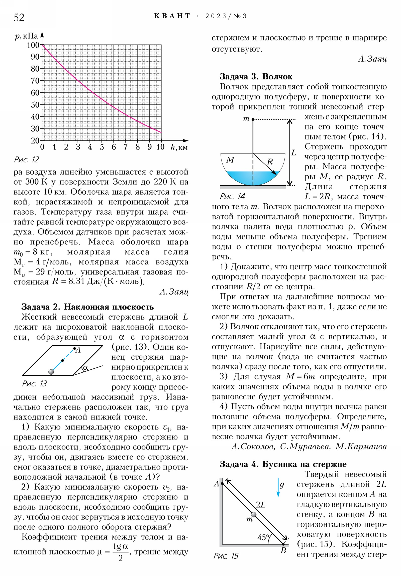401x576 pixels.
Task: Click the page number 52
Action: coord(19,18)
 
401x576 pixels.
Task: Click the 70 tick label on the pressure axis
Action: coord(35,81)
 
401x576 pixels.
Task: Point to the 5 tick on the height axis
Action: coord(102,147)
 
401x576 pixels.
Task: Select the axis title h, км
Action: coord(179,148)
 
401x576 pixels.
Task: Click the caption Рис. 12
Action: coord(26,160)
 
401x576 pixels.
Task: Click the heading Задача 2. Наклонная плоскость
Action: coord(87,307)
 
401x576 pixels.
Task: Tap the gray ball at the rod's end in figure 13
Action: coord(51,372)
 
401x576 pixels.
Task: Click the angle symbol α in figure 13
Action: coord(85,368)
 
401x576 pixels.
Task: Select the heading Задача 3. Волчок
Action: coord(256,77)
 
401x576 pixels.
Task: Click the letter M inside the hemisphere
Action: coord(230,160)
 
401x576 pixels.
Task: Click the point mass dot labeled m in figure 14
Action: coord(253,119)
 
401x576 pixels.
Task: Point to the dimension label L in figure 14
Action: coord(293,153)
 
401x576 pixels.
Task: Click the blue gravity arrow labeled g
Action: coord(278,487)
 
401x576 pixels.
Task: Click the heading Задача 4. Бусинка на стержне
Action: coord(283,464)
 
